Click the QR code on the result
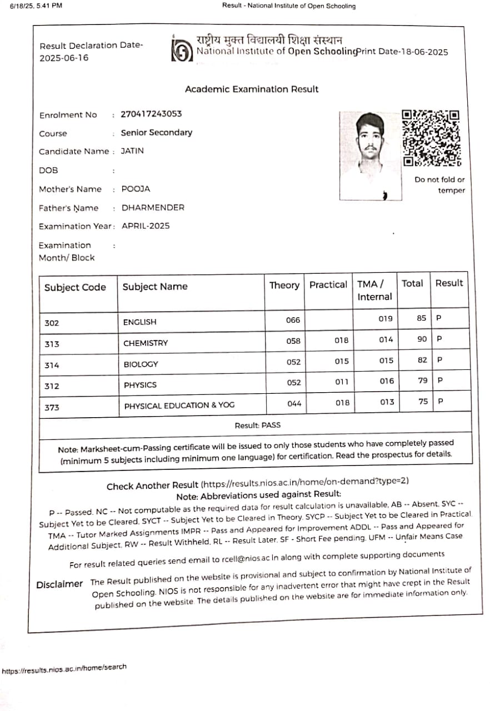[432, 138]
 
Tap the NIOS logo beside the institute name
[181, 52]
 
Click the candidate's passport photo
[371, 156]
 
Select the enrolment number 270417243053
[151, 114]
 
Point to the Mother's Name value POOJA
[136, 189]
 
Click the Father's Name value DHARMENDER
[153, 208]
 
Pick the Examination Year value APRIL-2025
[146, 226]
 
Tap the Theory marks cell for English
[293, 320]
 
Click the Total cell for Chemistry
[422, 339]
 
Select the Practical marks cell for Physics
[342, 382]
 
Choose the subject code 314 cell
[52, 365]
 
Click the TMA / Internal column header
[374, 291]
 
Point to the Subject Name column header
[155, 287]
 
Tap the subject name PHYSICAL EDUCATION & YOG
[179, 405]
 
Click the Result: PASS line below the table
[257, 425]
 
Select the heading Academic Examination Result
[252, 89]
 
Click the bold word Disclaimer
[59, 585]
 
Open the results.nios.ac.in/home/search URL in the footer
[64, 669]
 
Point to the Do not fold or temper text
[439, 185]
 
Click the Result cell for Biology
[439, 360]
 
